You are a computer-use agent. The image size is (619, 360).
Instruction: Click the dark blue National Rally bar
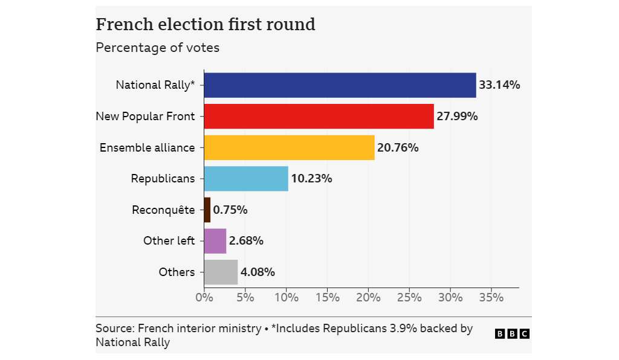point(340,85)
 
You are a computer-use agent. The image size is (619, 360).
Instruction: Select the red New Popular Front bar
point(319,117)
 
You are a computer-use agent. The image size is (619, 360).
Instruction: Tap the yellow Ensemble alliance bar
point(289,147)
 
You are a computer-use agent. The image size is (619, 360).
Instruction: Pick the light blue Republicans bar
point(246,179)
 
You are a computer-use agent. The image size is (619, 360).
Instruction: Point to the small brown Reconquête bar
point(207,210)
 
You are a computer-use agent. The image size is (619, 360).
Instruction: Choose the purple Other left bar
point(215,241)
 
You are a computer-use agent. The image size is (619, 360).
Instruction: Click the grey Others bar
point(221,272)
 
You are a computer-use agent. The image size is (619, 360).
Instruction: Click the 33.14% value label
point(499,85)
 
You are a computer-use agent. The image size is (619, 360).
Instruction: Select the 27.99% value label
point(457,117)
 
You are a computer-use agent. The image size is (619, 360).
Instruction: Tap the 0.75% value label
point(230,210)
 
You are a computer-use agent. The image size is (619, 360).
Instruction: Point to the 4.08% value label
point(258,272)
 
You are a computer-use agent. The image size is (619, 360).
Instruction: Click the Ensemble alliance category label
point(147,147)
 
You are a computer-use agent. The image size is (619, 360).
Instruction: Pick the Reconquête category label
point(163,210)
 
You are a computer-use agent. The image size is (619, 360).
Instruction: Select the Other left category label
point(169,241)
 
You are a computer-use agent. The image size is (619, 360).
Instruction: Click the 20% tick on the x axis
point(368,297)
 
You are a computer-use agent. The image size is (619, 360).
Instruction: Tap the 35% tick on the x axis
point(491,297)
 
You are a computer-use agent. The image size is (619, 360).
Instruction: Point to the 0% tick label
point(204,297)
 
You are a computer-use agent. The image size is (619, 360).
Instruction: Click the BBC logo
point(512,333)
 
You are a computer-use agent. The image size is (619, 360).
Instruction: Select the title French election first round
point(206,25)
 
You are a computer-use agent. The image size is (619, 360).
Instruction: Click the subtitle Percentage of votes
point(157,48)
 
